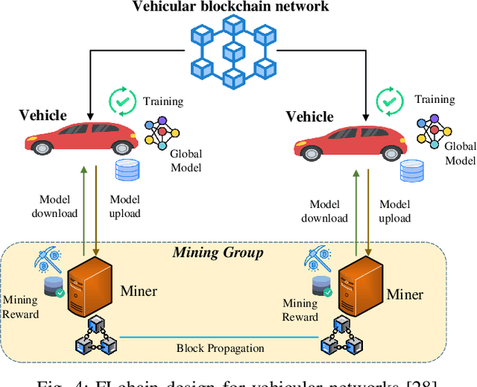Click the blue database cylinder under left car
click(x=127, y=171)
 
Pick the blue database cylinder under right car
click(x=411, y=172)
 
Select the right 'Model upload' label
click(x=394, y=211)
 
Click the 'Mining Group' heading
click(x=218, y=253)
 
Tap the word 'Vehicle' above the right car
click(x=309, y=116)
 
